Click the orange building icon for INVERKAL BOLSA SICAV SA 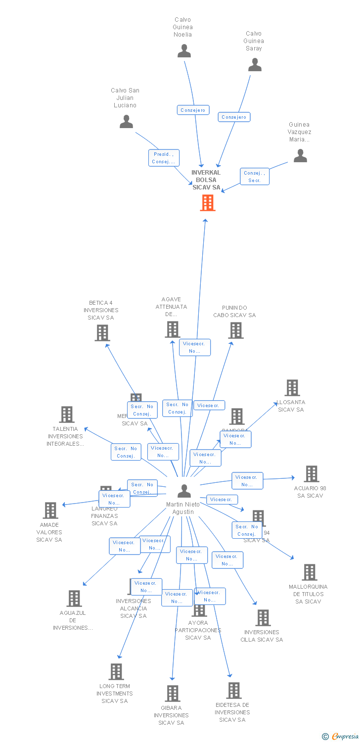point(208,203)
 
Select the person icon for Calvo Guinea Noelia point(184,51)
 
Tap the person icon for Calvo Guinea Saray point(255,65)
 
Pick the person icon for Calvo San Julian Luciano point(127,122)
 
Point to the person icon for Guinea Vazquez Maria point(300,156)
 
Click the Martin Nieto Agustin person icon point(184,491)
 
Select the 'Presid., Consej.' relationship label point(164,158)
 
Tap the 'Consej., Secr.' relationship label point(255,177)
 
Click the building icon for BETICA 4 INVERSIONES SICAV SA point(102,333)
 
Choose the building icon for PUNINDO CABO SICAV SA point(236,330)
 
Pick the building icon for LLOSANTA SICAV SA point(292,388)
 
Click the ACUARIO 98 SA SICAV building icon point(311,474)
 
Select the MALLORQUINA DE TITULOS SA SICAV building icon point(310,572)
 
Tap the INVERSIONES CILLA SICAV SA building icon point(263,618)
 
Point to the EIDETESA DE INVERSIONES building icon point(233,691)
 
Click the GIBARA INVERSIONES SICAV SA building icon point(172,694)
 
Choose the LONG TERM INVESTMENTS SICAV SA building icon point(116,672)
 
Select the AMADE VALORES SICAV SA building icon point(50,510)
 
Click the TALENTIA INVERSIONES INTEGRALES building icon point(66,415)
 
